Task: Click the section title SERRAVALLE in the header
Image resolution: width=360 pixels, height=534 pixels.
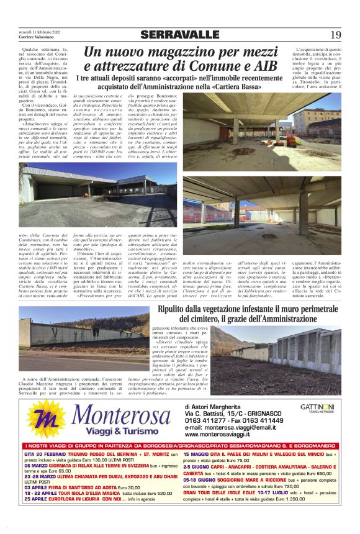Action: tap(180, 35)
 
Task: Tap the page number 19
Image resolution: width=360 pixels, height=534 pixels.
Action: tap(335, 35)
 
